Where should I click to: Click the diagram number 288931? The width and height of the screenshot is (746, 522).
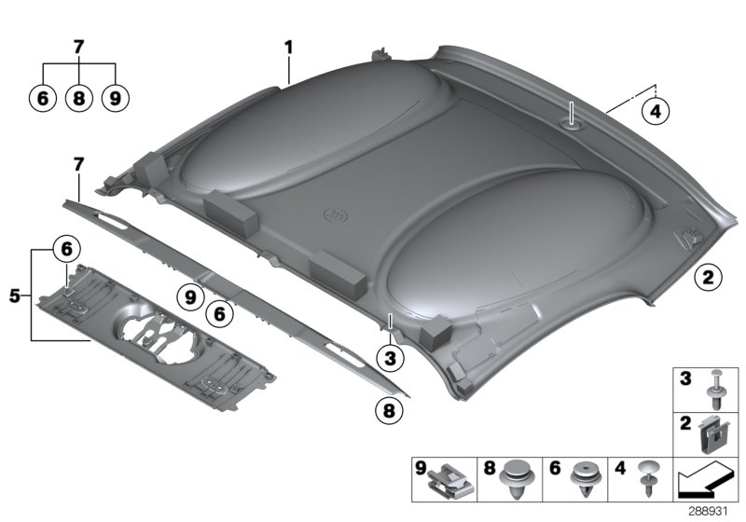click(709, 512)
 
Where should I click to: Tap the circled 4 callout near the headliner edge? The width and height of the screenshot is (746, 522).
click(656, 111)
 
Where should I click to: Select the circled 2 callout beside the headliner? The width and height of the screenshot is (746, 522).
click(708, 277)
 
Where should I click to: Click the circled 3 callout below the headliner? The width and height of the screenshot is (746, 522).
click(390, 358)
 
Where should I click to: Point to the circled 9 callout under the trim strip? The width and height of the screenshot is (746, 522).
click(190, 297)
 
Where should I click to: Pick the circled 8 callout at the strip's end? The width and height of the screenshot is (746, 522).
click(389, 410)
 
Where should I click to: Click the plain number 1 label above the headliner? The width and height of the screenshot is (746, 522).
click(288, 48)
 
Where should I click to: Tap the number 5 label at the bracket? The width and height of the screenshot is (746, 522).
click(15, 296)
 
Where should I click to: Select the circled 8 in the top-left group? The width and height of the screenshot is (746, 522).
click(79, 99)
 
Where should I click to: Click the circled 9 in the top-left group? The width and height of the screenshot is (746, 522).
click(115, 99)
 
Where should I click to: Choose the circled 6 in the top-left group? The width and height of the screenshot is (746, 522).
click(43, 99)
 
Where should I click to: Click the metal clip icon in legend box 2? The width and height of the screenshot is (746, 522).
click(713, 434)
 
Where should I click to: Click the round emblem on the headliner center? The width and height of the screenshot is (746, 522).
click(336, 215)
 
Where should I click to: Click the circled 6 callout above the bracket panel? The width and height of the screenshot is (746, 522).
click(66, 249)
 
